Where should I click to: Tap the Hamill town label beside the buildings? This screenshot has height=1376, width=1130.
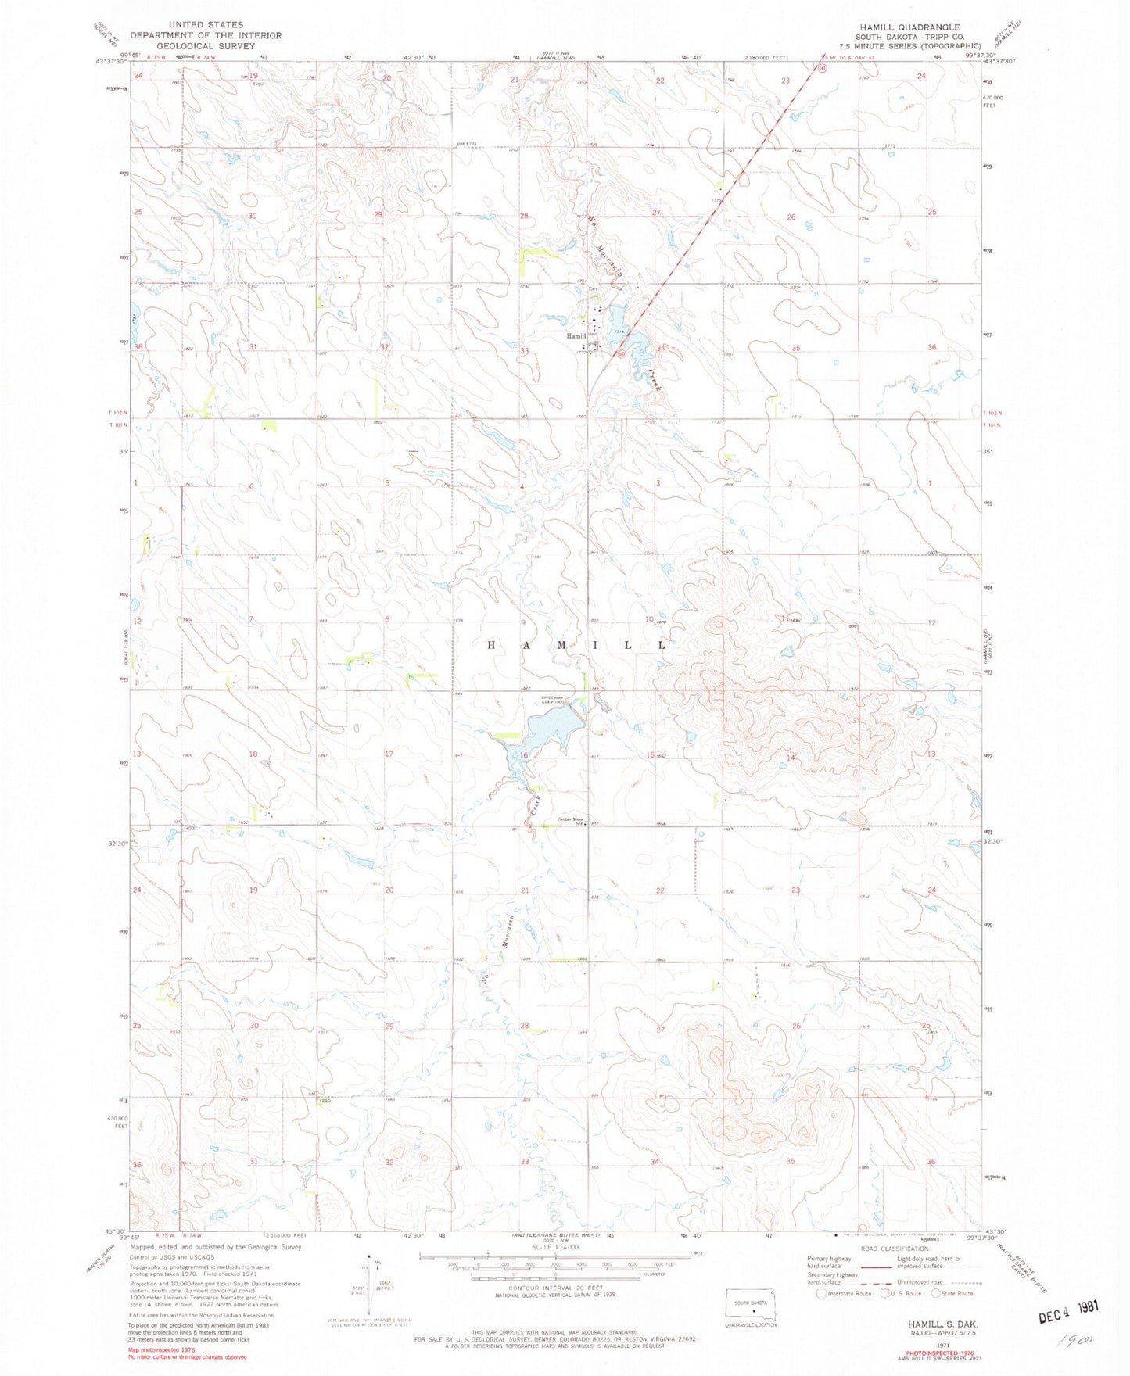point(576,336)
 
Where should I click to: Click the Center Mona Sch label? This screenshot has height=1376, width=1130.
point(572,820)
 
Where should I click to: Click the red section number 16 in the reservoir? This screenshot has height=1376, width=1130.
point(525,755)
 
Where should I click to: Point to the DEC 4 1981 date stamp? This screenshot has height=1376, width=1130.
point(1067,1315)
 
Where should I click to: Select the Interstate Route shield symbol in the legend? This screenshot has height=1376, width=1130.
point(820,1293)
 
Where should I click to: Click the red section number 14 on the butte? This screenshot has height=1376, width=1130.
point(791,758)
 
